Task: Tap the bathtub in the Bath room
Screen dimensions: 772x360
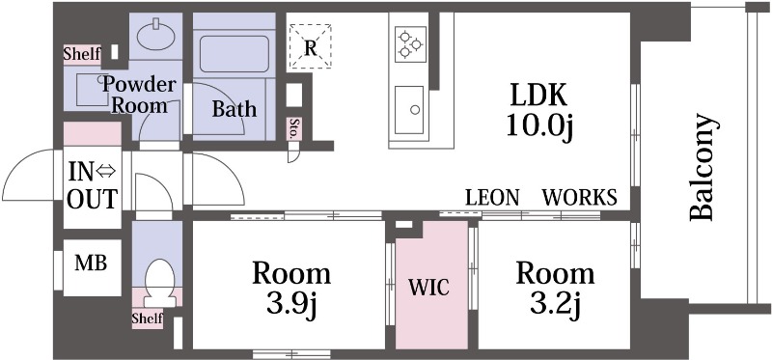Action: (234, 53)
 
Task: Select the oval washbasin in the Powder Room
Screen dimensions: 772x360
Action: (155, 35)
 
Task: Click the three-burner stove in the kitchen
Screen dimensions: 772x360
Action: (410, 43)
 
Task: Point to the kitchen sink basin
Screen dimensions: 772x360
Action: (408, 109)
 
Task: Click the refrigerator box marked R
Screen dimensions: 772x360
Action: (310, 46)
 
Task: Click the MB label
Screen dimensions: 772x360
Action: (91, 263)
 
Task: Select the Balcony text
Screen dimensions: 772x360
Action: (702, 167)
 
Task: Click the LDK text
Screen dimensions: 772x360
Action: (538, 96)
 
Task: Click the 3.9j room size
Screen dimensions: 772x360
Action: (291, 305)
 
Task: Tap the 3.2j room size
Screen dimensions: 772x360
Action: (556, 305)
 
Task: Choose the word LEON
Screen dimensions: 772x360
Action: (492, 198)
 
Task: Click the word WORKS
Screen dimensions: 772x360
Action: (580, 198)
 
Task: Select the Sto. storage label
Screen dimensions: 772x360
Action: (294, 129)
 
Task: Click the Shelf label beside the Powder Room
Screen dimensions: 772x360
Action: (82, 54)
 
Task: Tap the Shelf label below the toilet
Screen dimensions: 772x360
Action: (148, 318)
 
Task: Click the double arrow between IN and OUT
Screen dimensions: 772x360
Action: (105, 171)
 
